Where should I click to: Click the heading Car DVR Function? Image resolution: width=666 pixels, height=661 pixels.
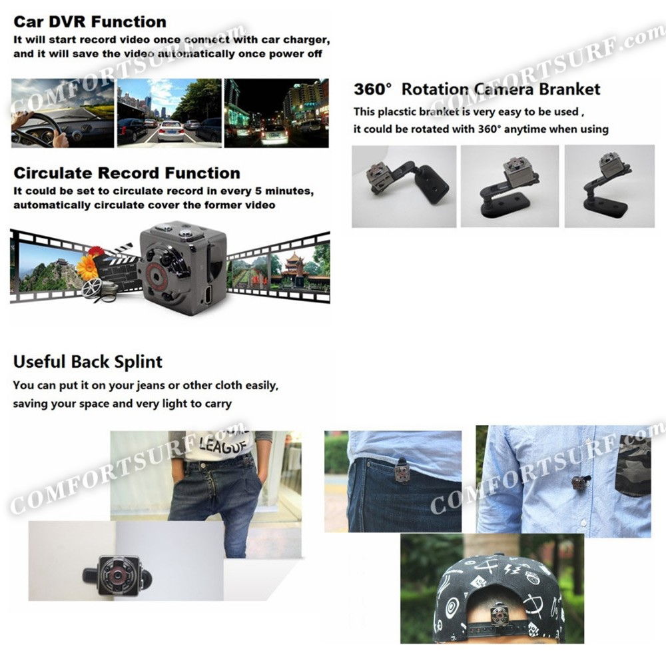pyautogui.click(x=90, y=21)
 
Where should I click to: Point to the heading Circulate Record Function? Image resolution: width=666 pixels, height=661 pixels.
pyautogui.click(x=127, y=173)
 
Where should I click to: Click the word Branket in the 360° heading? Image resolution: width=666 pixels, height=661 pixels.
pyautogui.click(x=569, y=89)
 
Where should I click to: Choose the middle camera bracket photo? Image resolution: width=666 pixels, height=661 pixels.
pyautogui.click(x=509, y=186)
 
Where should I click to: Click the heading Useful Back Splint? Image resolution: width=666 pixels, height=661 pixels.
pyautogui.click(x=87, y=362)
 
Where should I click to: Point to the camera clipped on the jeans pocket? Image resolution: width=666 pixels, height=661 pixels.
pyautogui.click(x=402, y=472)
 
